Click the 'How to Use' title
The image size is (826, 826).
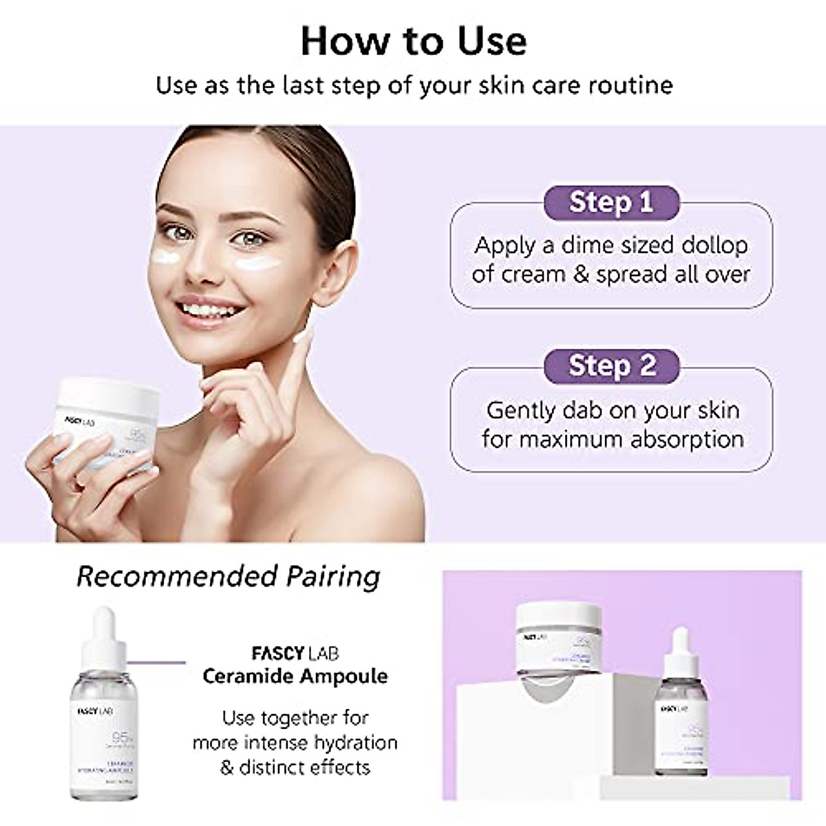pyautogui.click(x=414, y=41)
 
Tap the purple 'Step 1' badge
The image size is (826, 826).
pyautogui.click(x=611, y=202)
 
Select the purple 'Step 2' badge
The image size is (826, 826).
pyautogui.click(x=611, y=366)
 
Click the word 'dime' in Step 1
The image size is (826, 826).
pyautogui.click(x=589, y=246)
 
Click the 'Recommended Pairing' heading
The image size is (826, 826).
pyautogui.click(x=228, y=576)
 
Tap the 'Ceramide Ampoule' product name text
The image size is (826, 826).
pyautogui.click(x=295, y=676)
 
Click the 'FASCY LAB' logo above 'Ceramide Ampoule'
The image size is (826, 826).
pyautogui.click(x=295, y=653)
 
